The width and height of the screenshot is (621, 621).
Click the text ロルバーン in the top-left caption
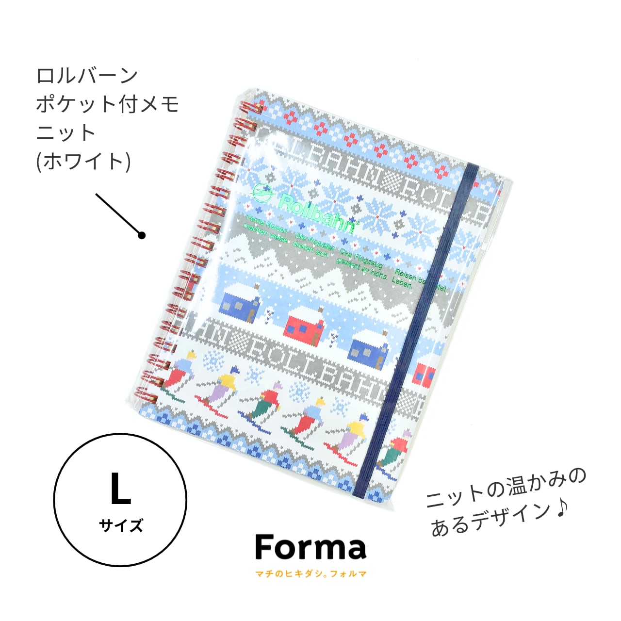[x=87, y=76]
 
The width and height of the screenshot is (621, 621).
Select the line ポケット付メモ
[x=108, y=104]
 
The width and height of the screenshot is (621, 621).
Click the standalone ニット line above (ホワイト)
[x=66, y=133]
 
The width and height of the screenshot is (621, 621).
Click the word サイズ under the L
[x=121, y=525]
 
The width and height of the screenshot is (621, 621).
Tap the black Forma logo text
[x=310, y=548]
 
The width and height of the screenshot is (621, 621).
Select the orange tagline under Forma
[x=310, y=574]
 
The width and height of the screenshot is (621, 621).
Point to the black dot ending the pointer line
[x=142, y=235]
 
